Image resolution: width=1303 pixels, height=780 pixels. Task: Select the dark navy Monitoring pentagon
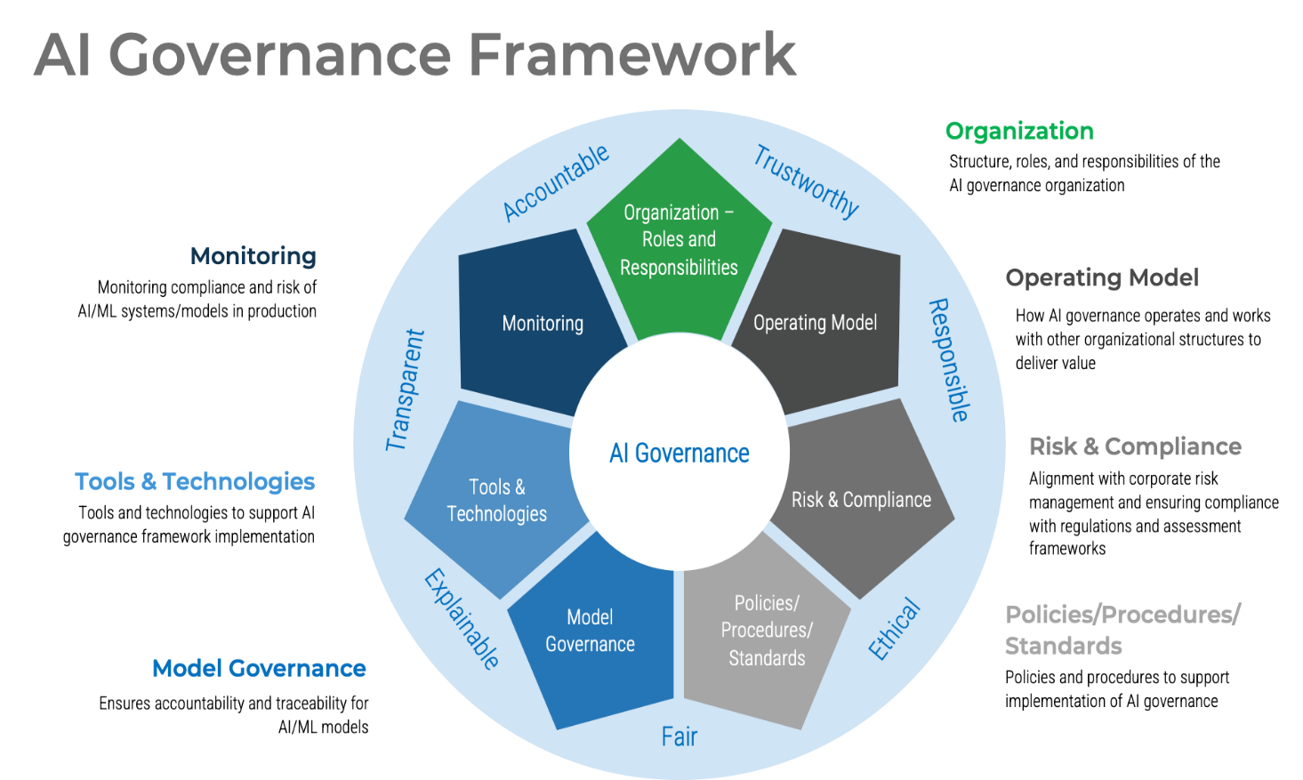[543, 323]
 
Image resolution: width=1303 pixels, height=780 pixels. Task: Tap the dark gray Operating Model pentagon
[815, 323]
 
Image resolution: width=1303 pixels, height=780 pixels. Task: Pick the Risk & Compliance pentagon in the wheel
[861, 499]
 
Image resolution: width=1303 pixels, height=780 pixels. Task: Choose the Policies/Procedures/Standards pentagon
[767, 630]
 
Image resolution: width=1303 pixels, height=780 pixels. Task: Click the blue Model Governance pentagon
[590, 631]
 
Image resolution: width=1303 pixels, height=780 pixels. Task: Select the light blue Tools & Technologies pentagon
[496, 500]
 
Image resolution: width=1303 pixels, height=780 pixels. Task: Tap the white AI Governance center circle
[680, 453]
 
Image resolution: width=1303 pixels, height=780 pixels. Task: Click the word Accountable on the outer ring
[556, 182]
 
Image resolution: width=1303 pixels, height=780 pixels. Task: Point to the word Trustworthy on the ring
[806, 181]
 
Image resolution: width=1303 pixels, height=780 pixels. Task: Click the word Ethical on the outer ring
[894, 629]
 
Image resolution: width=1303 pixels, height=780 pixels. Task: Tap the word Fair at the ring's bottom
[680, 736]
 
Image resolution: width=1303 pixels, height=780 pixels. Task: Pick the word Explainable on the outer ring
[462, 618]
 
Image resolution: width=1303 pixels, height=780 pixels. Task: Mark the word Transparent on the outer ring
[406, 390]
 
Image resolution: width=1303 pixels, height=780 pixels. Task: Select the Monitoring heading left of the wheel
[253, 260]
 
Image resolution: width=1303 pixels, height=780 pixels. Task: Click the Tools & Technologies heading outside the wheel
[195, 484]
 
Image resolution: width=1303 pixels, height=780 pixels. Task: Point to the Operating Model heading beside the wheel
[1102, 278]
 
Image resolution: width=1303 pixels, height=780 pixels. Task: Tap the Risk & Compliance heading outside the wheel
[1134, 447]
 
